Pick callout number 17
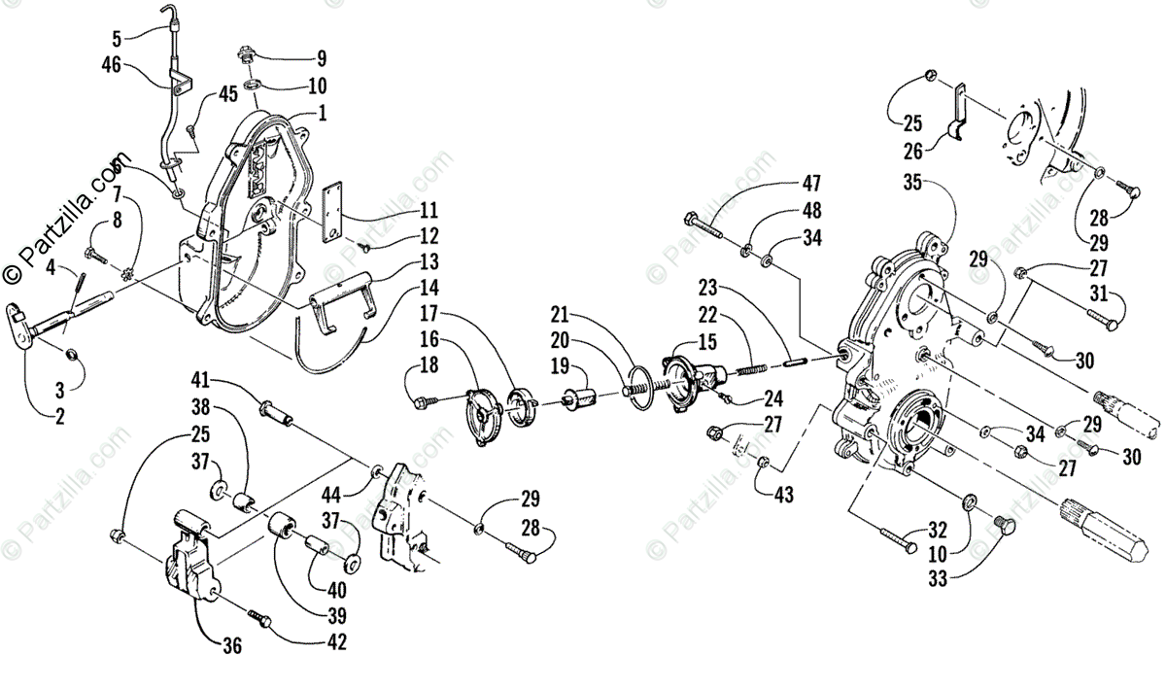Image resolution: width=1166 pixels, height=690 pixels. coord(428,314)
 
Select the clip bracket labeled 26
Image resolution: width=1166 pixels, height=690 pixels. coord(956,116)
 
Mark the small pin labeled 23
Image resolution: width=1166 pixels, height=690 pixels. coord(795,362)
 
